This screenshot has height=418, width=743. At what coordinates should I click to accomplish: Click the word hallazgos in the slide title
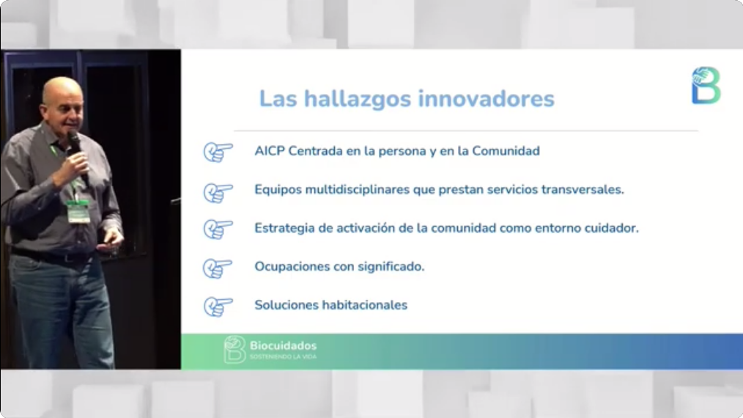point(358,100)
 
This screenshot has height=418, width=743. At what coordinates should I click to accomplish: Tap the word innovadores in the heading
point(486,99)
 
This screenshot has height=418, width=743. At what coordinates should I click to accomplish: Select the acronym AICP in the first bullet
point(269,151)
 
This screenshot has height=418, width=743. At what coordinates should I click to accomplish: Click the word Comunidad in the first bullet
point(506,151)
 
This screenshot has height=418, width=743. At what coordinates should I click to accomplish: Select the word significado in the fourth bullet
point(391,267)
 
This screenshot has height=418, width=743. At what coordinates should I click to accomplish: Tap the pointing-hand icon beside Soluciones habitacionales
point(218,307)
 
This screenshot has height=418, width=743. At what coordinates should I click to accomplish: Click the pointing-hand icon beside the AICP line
point(218,153)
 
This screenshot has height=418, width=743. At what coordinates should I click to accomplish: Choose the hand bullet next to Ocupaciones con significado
point(218,268)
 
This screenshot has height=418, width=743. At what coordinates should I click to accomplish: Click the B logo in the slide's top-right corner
point(706,85)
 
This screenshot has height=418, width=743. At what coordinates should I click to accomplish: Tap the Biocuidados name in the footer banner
point(284,346)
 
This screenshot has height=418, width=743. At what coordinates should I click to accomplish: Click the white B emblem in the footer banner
point(234,349)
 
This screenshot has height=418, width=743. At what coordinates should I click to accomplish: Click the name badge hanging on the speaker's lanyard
point(78,211)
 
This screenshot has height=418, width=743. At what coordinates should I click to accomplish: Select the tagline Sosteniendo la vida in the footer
point(283,357)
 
